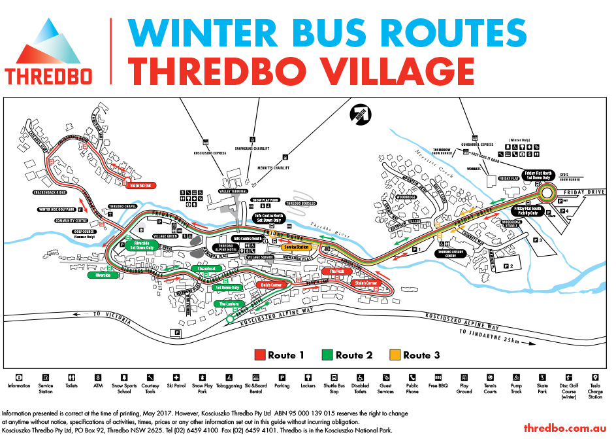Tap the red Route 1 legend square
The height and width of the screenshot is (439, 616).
coord(260,355)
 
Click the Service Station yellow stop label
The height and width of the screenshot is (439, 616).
coord(295,247)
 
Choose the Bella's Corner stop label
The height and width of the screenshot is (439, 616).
coord(271,285)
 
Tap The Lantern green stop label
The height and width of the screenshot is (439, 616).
coord(229,304)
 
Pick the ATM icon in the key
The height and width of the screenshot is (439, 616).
coord(98,378)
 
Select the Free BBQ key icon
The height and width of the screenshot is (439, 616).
coord(438,378)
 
